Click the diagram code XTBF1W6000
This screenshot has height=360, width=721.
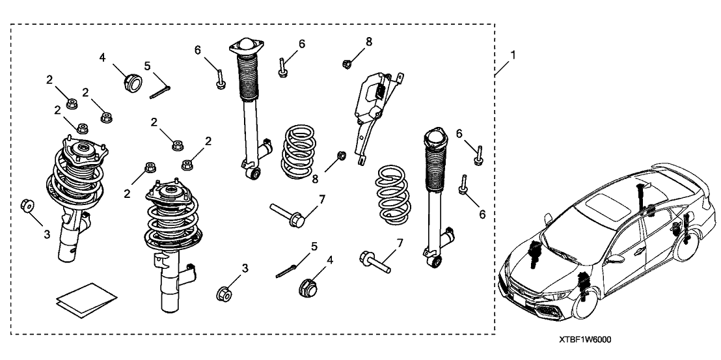[x=584, y=340]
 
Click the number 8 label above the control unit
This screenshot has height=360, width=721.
[x=368, y=42]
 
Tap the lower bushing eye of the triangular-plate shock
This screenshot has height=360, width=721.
[x=256, y=172]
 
